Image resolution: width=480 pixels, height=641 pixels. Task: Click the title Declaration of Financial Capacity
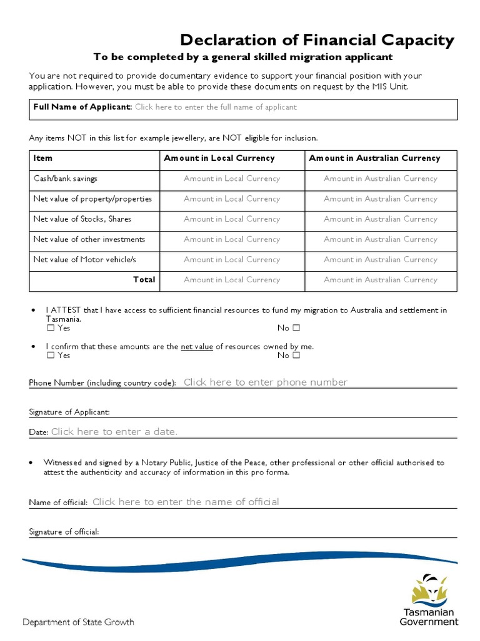[x=317, y=41]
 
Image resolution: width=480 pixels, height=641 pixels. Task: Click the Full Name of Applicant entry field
[x=216, y=107]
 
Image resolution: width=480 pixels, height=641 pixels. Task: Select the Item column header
[x=43, y=158]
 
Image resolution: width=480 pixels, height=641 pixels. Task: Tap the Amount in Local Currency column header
[x=219, y=158]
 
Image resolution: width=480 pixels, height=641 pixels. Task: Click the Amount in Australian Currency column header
[x=374, y=158]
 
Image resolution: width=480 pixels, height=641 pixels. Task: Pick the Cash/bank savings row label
[x=66, y=178]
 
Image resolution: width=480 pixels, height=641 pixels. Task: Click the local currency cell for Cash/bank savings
[x=231, y=178]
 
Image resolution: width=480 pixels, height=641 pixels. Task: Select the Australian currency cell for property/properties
[x=380, y=199]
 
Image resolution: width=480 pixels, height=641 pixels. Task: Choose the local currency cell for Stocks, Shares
[x=231, y=219]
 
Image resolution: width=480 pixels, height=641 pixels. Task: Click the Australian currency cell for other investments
[x=380, y=239]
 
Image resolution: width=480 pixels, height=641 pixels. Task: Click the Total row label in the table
[x=144, y=280]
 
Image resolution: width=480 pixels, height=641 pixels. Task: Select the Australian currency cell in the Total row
[x=380, y=280]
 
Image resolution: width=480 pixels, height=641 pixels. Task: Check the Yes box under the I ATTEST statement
[x=51, y=328]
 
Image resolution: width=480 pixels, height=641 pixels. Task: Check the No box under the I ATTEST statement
[x=296, y=328]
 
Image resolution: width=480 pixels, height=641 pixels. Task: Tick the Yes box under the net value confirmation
[x=51, y=356]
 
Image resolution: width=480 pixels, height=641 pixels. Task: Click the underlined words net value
[x=197, y=346]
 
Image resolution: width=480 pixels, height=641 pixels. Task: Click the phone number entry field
[x=266, y=382]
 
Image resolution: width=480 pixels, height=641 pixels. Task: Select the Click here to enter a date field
[x=114, y=432]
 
